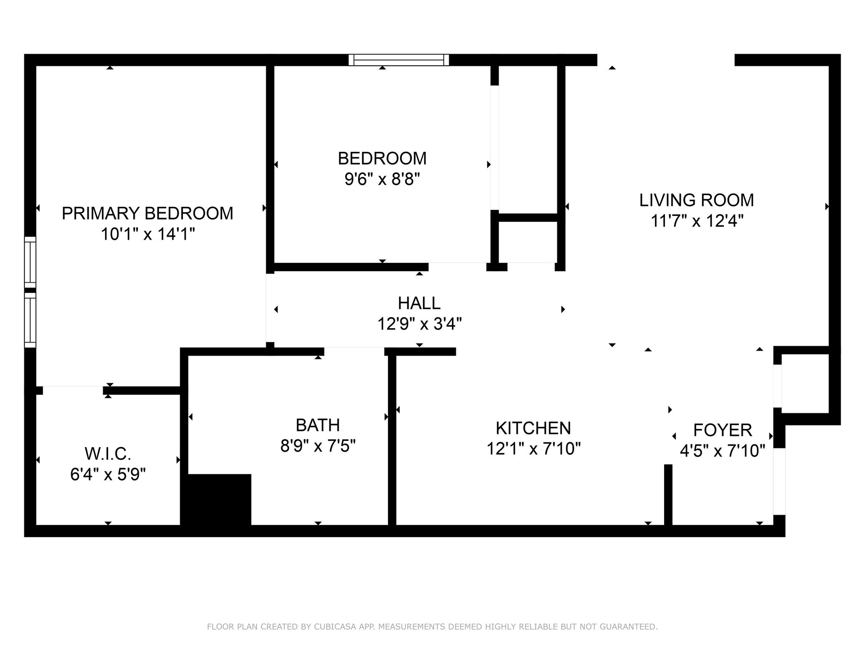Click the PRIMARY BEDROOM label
[147, 213]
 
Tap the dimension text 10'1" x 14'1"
[147, 234]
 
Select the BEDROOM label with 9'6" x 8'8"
[382, 159]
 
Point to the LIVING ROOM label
[697, 200]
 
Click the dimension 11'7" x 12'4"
[697, 221]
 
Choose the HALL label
[419, 303]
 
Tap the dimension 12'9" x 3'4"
[419, 324]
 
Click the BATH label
[318, 425]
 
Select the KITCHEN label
[533, 428]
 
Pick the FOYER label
[722, 430]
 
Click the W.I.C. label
[108, 453]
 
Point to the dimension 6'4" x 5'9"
[108, 475]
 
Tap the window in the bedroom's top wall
[399, 60]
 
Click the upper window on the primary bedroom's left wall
[30, 261]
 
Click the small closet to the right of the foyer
[805, 384]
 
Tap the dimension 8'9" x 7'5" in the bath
[318, 446]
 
